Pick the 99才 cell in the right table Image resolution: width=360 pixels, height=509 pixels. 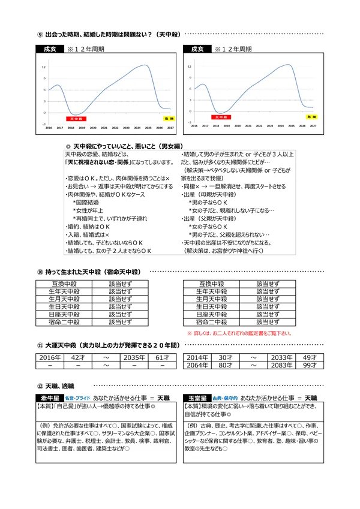pyautogui.click(x=310, y=365)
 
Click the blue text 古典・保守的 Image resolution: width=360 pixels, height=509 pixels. pyautogui.click(x=224, y=398)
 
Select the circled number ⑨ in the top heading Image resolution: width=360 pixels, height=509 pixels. pyautogui.click(x=40, y=34)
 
